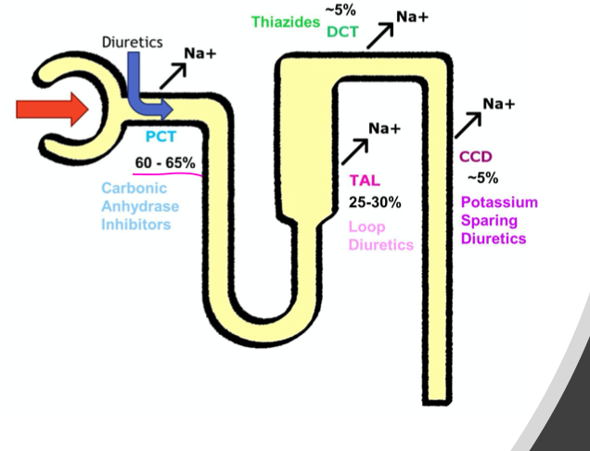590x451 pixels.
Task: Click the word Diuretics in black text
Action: (x=132, y=41)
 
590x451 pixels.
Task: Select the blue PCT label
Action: (x=160, y=137)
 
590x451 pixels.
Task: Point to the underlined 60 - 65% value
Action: (x=165, y=162)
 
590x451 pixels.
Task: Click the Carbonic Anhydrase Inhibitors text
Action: (x=141, y=206)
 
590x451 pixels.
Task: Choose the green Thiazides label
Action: (x=285, y=21)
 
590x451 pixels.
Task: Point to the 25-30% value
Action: (x=376, y=200)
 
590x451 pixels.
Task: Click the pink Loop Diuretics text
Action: (x=380, y=236)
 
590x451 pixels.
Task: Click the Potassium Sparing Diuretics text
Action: (x=499, y=220)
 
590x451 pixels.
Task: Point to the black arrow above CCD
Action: (x=468, y=124)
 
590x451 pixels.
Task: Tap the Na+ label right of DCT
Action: (x=412, y=16)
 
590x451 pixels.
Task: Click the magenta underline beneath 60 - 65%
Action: (x=166, y=174)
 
